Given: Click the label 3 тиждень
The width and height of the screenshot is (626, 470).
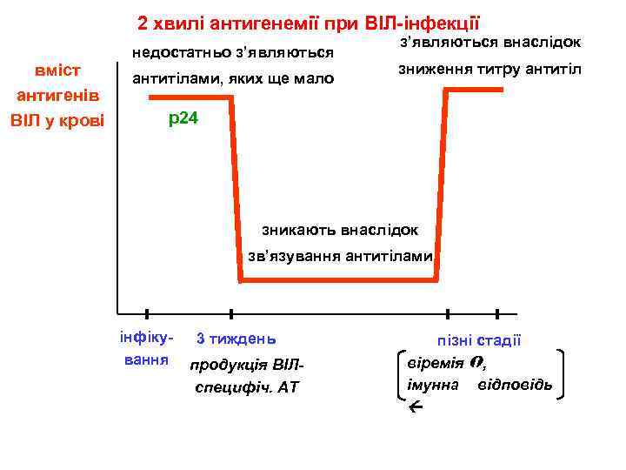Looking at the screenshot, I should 236,338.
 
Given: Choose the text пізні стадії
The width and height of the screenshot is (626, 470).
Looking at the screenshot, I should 479,342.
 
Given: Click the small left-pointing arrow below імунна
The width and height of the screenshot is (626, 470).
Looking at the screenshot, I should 414,406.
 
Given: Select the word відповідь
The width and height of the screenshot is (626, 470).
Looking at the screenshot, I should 514,384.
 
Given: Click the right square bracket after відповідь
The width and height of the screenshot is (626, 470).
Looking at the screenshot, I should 563,374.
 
